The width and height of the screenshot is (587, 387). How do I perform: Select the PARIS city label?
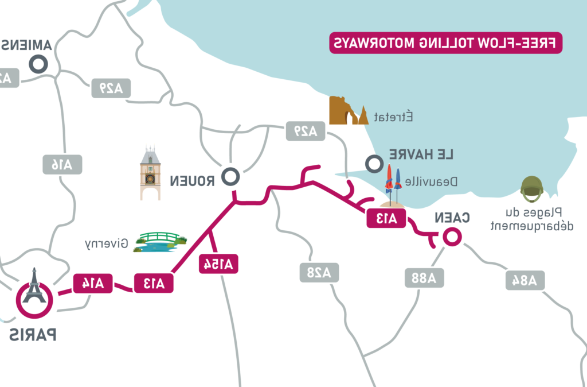(33, 334)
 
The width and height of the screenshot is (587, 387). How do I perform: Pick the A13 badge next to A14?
(153, 282)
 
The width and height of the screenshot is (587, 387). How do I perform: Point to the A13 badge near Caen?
(386, 218)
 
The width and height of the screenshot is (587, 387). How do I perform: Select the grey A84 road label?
(525, 280)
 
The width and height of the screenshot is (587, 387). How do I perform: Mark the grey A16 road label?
(62, 165)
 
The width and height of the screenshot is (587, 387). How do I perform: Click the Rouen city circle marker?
(231, 177)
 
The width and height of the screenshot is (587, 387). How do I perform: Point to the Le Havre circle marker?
(374, 164)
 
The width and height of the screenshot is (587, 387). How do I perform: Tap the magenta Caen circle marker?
(451, 237)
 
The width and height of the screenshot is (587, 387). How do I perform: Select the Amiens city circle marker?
(39, 64)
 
